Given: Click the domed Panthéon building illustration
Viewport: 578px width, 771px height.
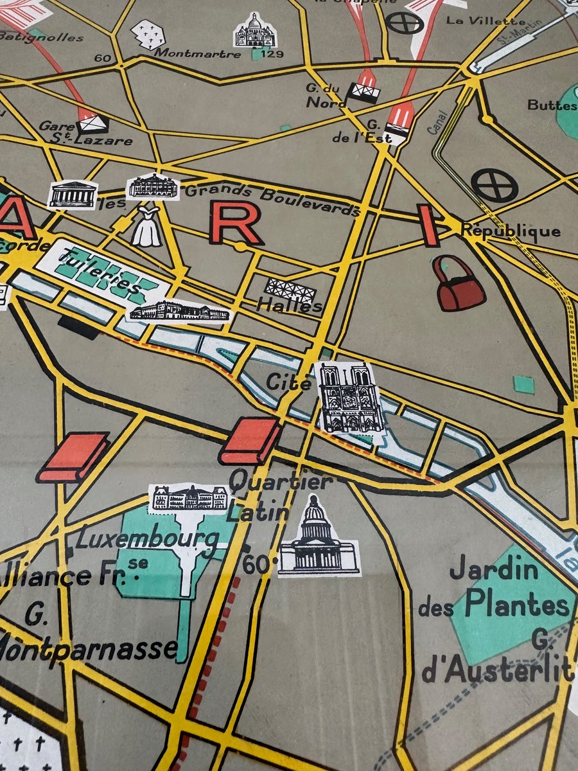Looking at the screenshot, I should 317,536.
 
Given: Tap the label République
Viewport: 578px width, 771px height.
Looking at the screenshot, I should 511,231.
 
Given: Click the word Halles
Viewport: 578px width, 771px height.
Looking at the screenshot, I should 290,306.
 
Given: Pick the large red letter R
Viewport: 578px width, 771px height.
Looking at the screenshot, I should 236,224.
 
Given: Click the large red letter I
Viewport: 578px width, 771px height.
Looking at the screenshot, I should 428,226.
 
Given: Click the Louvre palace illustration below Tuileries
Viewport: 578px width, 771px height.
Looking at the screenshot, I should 179,312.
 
